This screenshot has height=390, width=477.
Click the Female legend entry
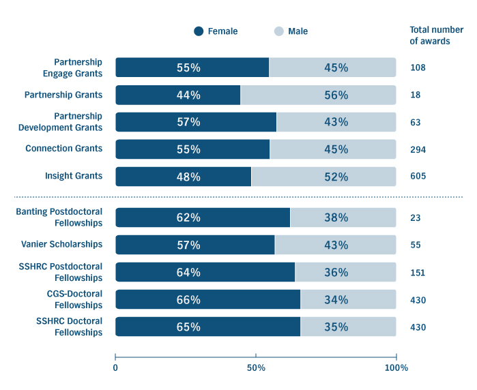coord(216,31)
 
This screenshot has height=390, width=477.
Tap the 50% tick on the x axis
coord(256,367)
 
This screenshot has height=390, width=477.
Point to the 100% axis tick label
coord(396,367)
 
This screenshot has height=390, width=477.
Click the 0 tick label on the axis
coord(115,367)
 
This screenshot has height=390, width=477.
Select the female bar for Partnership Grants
coord(178,95)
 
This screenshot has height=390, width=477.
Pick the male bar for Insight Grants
coord(323,177)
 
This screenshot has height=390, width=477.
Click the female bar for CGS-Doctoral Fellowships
coord(207,299)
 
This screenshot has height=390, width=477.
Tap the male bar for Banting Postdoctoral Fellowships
coord(343,217)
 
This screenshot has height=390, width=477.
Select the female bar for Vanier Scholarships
coord(195,245)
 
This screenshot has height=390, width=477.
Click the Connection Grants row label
coord(63,149)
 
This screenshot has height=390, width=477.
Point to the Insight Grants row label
coord(74,176)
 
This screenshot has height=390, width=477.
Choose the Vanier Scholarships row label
coord(62,244)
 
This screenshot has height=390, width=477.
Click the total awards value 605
coord(418,177)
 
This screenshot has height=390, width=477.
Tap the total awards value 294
coord(418,149)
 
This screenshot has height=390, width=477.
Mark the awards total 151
coord(418,273)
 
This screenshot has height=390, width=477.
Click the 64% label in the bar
coord(188,273)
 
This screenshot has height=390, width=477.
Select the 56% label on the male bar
coord(336,95)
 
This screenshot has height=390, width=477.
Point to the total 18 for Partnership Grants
coord(416,95)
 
